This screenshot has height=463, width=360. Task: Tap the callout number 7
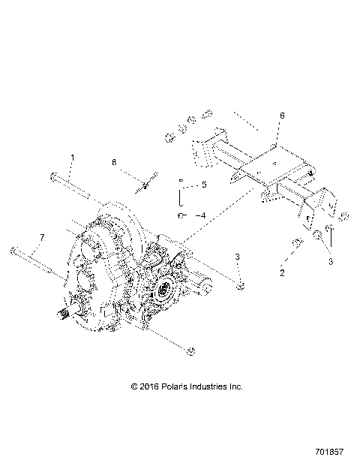(42, 237)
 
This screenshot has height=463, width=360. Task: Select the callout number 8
(115, 161)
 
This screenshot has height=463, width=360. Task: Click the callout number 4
(200, 215)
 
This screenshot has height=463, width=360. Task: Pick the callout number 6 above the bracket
(282, 116)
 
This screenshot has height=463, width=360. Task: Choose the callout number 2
(282, 272)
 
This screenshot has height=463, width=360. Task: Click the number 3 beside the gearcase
(237, 257)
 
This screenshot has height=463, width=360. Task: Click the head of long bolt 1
(55, 177)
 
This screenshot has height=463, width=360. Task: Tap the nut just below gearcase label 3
(240, 286)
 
